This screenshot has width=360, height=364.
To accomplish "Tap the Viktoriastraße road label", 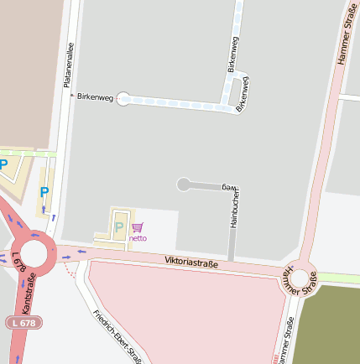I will click(x=191, y=263).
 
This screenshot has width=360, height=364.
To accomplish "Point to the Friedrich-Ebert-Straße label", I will click(x=117, y=331).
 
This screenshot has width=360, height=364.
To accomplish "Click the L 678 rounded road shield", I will click(x=23, y=322).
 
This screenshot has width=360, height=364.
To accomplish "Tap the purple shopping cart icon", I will click(x=137, y=226).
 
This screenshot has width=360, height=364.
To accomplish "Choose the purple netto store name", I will click(x=137, y=237).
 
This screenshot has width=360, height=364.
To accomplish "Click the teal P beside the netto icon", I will click(x=118, y=226).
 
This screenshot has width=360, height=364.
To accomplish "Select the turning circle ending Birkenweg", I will click(x=124, y=99).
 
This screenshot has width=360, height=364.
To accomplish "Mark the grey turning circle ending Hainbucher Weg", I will click(x=184, y=185).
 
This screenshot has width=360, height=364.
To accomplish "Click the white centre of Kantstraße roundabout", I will click(x=34, y=252).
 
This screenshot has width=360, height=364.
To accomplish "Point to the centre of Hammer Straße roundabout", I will click(x=300, y=278).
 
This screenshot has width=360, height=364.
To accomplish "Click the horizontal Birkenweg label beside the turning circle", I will click(x=94, y=98).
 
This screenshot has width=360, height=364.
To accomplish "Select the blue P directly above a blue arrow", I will click(x=44, y=192).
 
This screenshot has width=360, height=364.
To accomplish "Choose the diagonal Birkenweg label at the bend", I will click(x=243, y=94).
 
